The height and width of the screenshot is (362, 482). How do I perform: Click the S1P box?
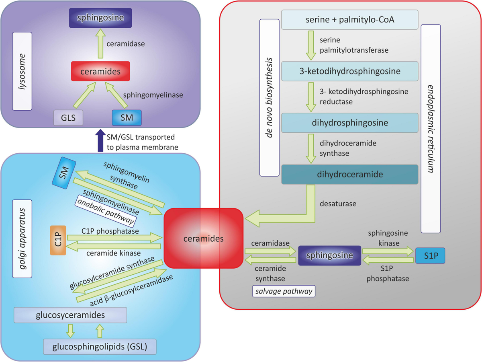430,256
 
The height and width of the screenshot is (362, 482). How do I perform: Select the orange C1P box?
58,240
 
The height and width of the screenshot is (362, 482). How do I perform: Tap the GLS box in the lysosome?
68,118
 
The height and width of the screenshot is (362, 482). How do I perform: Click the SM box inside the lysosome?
126,118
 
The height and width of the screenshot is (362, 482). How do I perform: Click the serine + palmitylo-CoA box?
349,20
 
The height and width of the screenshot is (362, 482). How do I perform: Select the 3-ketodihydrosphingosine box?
349,71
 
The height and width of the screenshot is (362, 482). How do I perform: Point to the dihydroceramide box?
349,174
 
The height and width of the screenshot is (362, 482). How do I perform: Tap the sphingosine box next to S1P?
329,255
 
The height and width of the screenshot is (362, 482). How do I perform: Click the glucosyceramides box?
70,315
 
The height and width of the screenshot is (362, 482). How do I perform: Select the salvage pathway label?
284,291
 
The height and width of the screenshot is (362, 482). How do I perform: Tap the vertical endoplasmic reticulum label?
431,129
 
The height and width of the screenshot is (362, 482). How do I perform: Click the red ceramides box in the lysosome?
100,71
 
